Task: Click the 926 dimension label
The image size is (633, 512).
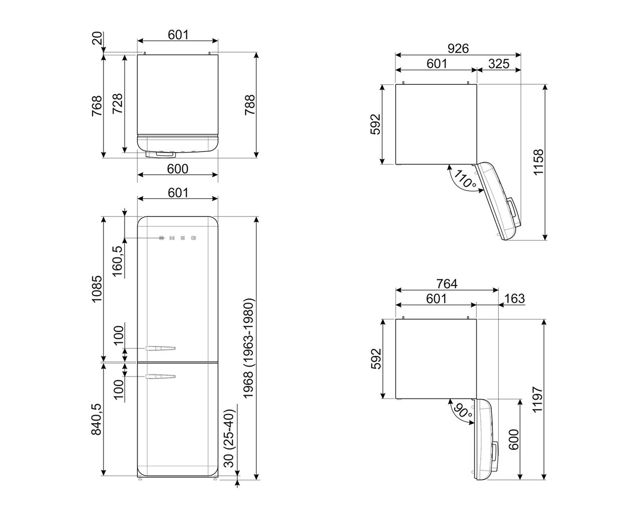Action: click(458, 48)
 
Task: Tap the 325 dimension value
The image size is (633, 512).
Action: click(499, 64)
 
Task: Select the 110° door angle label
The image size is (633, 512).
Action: click(465, 179)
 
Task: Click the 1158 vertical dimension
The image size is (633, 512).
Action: click(539, 162)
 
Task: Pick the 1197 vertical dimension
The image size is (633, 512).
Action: click(538, 399)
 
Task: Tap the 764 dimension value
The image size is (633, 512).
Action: click(447, 284)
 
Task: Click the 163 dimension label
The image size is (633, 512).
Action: click(514, 299)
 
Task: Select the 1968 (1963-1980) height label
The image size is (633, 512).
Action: click(248, 348)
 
